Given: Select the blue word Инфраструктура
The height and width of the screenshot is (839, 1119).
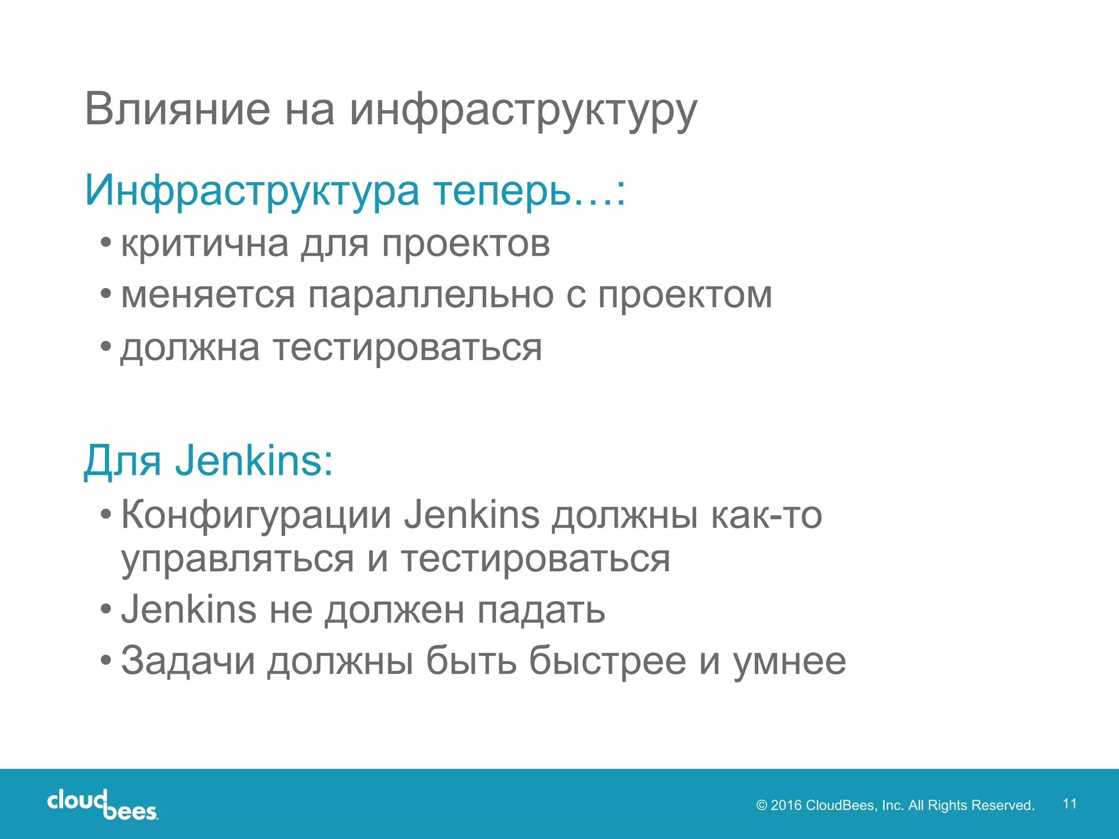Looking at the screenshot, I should pos(252,191).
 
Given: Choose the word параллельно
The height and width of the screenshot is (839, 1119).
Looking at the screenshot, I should pos(431,295).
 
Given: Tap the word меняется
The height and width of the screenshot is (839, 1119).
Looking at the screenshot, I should pos(208,295).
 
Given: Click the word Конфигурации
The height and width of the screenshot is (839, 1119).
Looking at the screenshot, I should pos(256,515).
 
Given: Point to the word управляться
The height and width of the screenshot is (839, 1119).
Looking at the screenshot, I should pos(238,559).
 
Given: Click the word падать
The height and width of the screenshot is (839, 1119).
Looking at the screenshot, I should pos(541,610).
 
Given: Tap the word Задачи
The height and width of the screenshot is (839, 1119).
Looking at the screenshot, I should pos(188,661).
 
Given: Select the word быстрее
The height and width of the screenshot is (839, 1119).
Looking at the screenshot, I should pos(607,661).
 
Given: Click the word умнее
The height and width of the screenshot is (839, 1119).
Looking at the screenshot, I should pos(789,661).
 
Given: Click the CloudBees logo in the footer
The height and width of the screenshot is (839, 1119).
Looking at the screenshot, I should pos(103,804).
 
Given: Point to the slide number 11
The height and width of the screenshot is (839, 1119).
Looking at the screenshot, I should pos(1069,803).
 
